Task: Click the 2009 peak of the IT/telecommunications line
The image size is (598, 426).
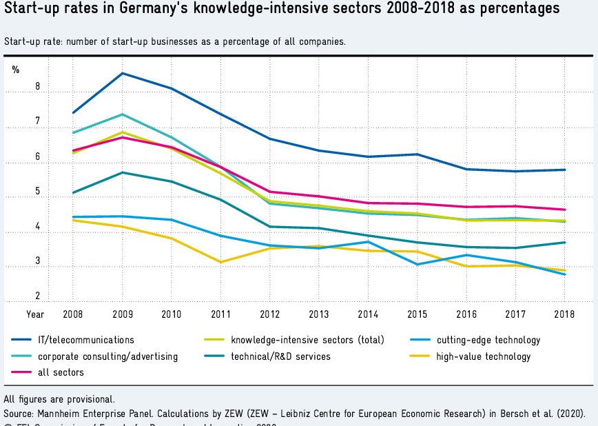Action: (122, 73)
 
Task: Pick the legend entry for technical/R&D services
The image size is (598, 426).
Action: (280, 356)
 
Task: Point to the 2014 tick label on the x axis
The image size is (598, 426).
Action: (368, 314)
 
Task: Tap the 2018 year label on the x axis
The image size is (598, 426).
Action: (564, 314)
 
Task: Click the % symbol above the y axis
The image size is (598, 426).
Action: (16, 70)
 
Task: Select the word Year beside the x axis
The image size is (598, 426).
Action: (35, 314)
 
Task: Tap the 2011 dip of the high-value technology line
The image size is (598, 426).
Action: (220, 262)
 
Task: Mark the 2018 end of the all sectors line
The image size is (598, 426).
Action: (564, 210)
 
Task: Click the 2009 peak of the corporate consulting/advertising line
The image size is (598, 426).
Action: (122, 114)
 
